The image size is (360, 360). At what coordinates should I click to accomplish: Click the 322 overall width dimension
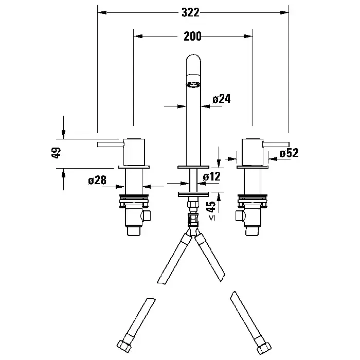pos(190,12)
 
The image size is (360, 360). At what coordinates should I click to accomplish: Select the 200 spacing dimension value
pos(192,37)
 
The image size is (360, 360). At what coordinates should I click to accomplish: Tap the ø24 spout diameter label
pos(222,99)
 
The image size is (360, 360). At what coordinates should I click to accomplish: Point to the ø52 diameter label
pos(289,153)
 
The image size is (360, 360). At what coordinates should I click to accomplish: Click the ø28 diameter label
pos(97,180)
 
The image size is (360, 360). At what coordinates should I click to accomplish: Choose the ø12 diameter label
pos(212,176)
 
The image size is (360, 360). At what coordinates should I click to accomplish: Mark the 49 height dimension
pos(56,153)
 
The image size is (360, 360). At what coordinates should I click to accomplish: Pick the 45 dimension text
pos(211,207)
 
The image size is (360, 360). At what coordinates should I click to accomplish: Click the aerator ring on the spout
pos(193,85)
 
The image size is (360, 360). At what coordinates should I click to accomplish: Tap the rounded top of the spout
pos(193,59)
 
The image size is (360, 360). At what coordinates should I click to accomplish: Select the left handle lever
pos(111,145)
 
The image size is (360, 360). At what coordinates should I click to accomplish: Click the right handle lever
pos(276,145)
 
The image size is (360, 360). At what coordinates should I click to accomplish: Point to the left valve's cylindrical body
pos(134,152)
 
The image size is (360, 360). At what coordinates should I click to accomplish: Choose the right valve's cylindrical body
pos(253,152)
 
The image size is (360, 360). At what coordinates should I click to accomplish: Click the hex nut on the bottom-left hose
pos(124,345)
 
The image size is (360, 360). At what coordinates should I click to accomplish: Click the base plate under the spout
pos(193,167)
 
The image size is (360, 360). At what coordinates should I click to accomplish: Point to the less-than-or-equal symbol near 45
pos(212,218)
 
